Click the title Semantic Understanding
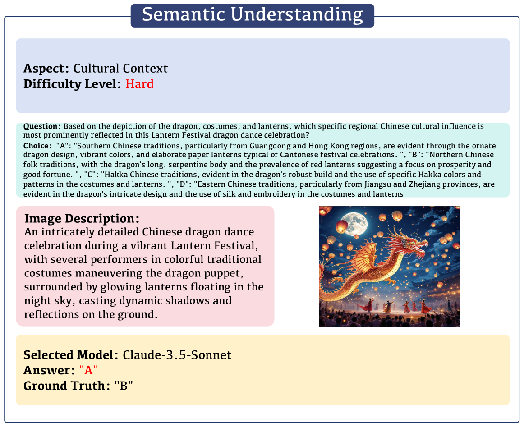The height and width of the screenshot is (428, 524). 253,15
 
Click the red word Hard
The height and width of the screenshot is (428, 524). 139,83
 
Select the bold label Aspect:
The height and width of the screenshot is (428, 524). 46,69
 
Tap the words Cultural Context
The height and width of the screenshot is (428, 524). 120,68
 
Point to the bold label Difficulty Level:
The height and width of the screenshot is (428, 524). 72,84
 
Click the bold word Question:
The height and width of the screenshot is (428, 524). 42,126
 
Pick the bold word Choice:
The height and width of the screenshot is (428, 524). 37,146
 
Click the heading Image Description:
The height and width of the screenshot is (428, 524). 82,219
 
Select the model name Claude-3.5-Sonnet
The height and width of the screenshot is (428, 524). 177,355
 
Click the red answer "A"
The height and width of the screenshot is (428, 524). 88,370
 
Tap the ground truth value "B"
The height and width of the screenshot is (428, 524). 124,386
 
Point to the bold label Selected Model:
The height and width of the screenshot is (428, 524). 71,355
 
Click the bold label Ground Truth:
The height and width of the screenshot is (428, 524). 67,386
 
